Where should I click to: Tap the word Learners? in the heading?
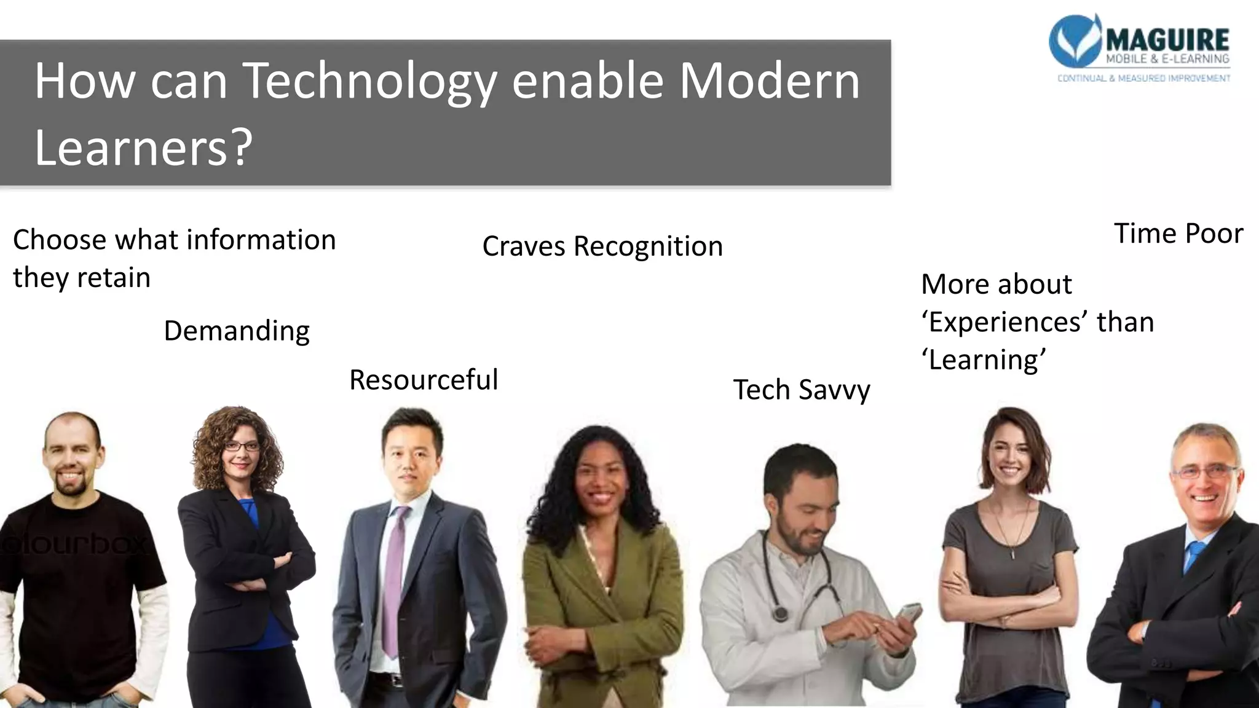pos(143,148)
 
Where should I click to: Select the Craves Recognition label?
pos(602,246)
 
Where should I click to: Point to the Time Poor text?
pos(1178,234)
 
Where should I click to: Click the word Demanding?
pos(237,331)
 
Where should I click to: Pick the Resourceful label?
pos(424,380)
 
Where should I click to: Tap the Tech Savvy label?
pos(802,390)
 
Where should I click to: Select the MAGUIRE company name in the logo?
pos(1167,41)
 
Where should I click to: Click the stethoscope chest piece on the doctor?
pos(781,614)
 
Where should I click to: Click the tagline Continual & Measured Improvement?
pos(1143,79)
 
